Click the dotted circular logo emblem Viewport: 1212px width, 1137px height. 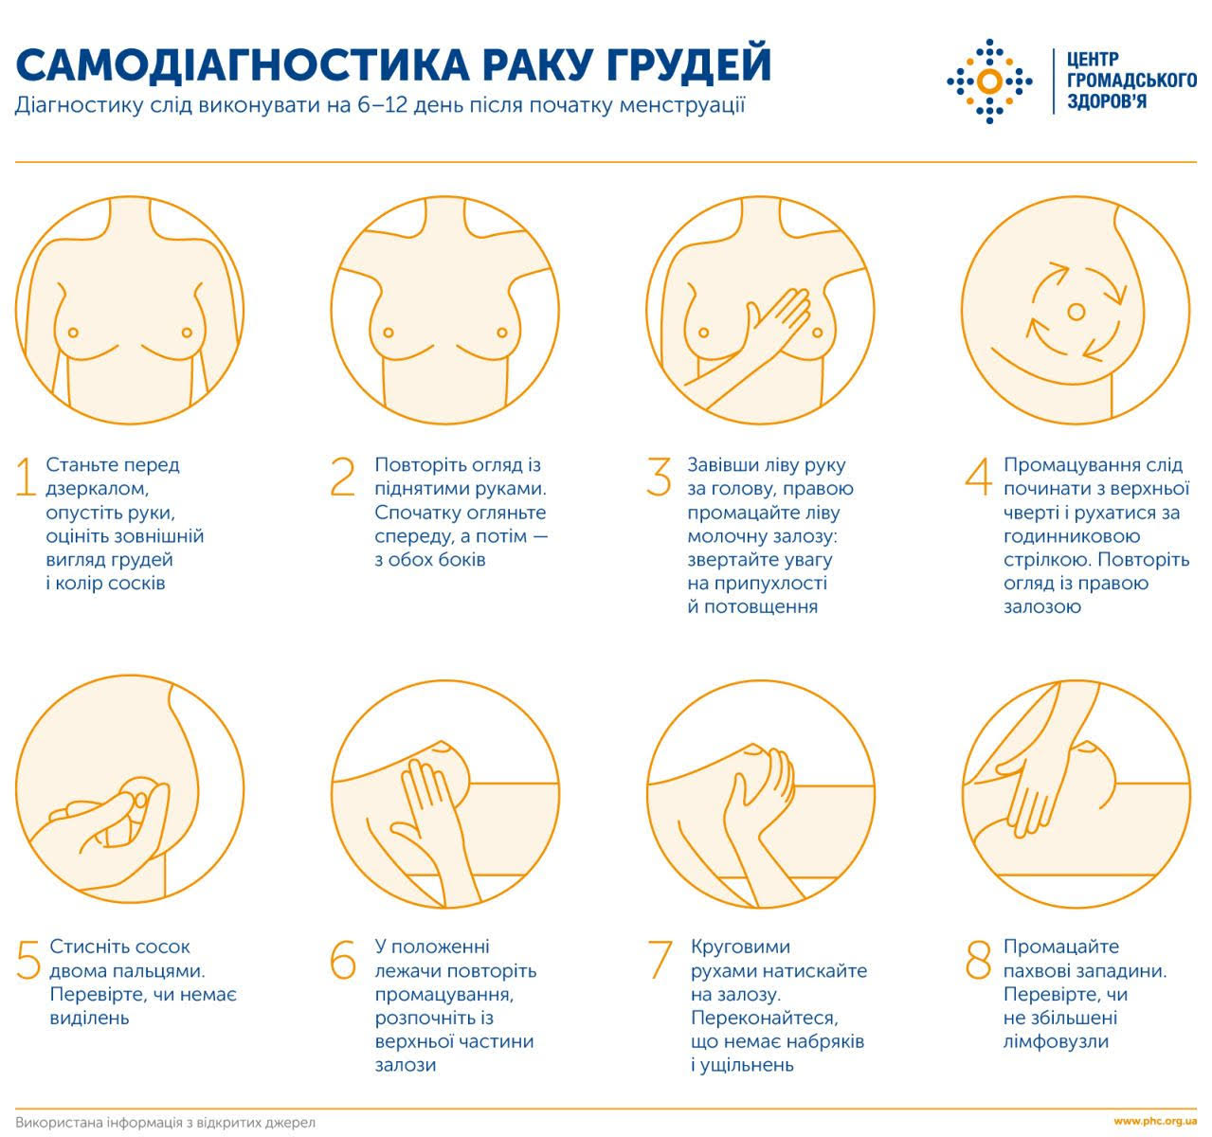(989, 81)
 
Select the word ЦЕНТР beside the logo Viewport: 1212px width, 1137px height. (1093, 59)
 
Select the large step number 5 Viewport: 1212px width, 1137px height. (28, 960)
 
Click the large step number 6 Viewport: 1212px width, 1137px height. (343, 960)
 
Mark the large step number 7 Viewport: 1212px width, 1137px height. (660, 960)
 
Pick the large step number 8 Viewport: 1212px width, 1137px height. (978, 960)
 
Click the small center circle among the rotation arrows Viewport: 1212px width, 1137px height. (1076, 312)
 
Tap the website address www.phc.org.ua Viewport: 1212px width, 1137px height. (1154, 1121)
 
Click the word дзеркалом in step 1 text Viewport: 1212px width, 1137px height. (98, 489)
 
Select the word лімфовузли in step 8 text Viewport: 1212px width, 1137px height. (1056, 1041)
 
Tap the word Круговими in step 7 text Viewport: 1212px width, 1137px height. (740, 947)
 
